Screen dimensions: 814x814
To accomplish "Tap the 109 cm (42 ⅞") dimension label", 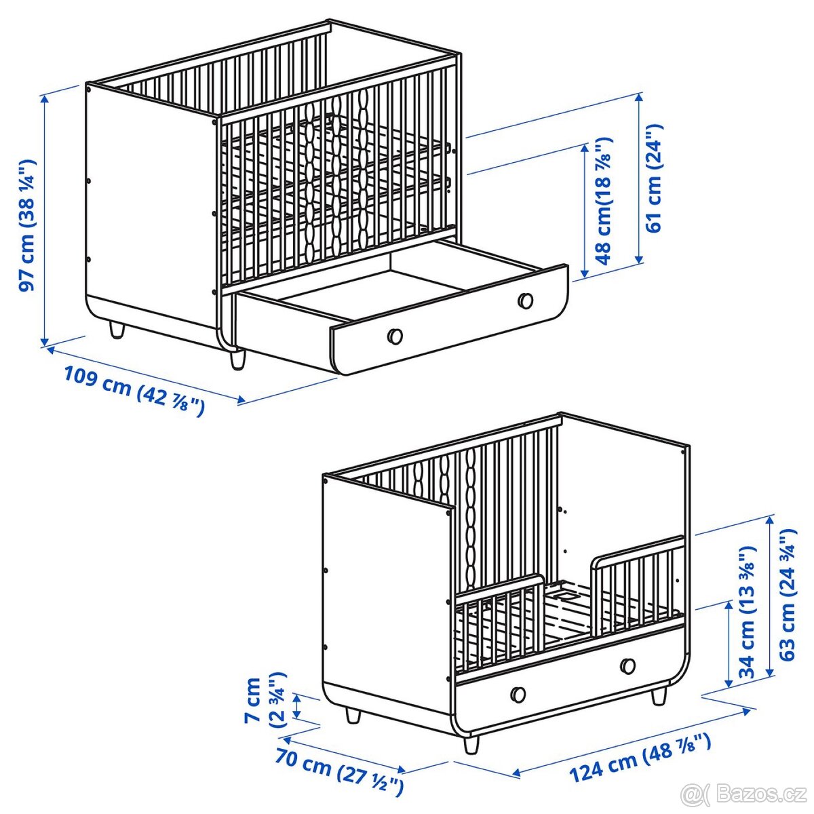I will click(x=134, y=390).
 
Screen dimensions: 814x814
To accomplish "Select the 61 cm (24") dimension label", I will click(x=654, y=178).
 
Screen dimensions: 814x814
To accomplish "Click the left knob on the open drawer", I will click(x=395, y=335).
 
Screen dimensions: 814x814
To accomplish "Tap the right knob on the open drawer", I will click(x=525, y=301).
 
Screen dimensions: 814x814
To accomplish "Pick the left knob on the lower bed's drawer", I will click(x=518, y=694).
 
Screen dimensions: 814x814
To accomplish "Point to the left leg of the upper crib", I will click(x=117, y=330).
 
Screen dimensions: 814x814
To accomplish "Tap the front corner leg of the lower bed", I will click(x=470, y=744).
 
